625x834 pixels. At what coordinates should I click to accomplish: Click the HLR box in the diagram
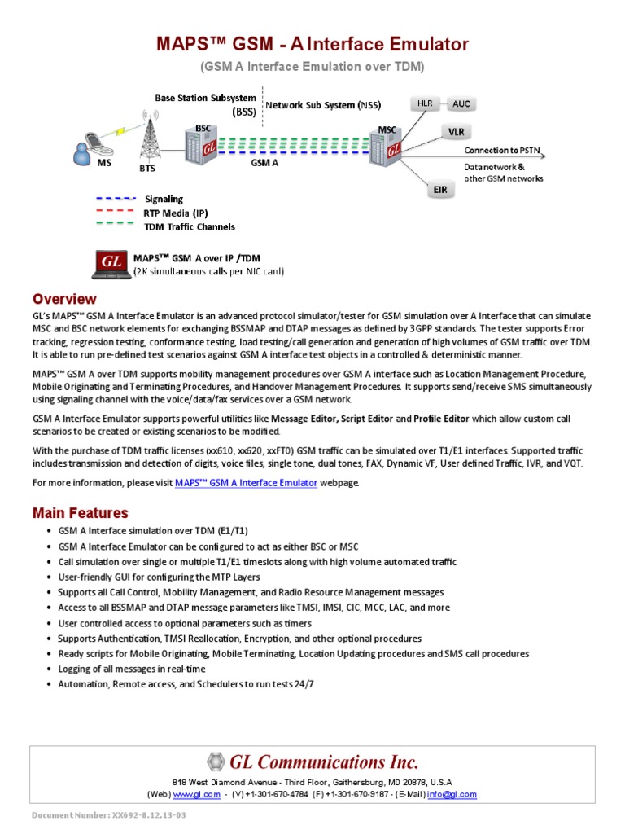pyautogui.click(x=425, y=104)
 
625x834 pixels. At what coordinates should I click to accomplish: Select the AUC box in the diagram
pyautogui.click(x=461, y=104)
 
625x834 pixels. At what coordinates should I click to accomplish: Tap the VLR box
pyautogui.click(x=457, y=131)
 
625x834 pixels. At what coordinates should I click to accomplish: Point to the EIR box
pyautogui.click(x=439, y=190)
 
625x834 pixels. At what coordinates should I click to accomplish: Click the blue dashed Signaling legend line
pyautogui.click(x=115, y=199)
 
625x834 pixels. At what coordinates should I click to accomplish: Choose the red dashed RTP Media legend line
pyautogui.click(x=115, y=212)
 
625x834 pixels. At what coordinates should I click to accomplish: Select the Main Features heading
pyautogui.click(x=80, y=513)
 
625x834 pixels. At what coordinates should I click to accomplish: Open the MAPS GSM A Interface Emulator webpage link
pyautogui.click(x=246, y=482)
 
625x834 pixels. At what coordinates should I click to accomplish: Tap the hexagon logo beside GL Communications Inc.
pyautogui.click(x=215, y=762)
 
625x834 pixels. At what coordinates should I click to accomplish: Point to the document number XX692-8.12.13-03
pyautogui.click(x=108, y=815)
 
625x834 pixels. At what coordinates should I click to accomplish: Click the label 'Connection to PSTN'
pyautogui.click(x=501, y=151)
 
